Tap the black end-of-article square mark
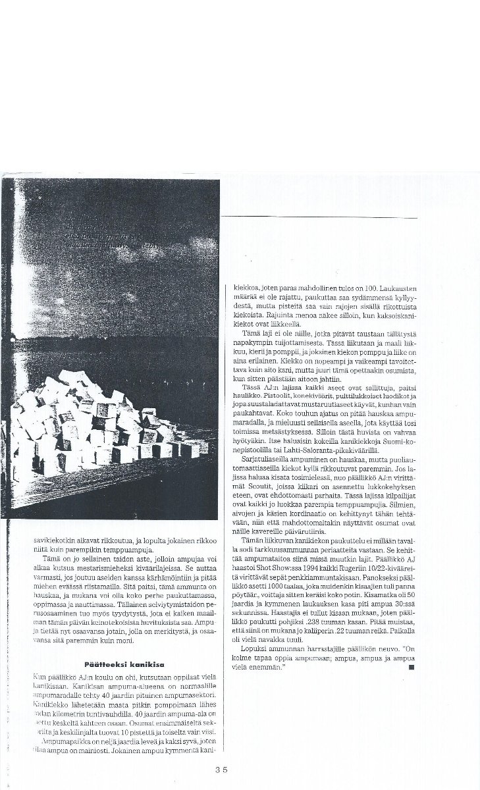410,667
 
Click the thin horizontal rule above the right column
319,218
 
